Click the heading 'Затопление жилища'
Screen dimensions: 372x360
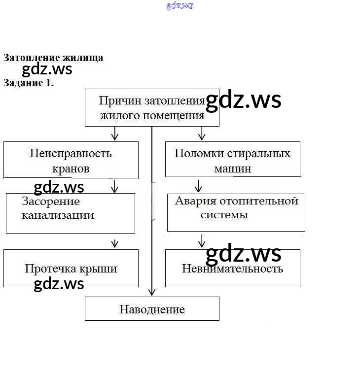pyautogui.click(x=53, y=58)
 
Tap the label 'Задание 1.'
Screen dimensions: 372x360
pyautogui.click(x=28, y=83)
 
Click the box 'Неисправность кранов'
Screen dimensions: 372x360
pyautogui.click(x=71, y=160)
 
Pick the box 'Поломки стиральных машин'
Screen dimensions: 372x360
pyautogui.click(x=232, y=159)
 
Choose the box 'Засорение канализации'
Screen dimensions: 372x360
pyautogui.click(x=70, y=213)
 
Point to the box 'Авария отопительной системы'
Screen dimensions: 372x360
pyautogui.click(x=236, y=212)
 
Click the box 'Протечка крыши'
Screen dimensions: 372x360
pyautogui.click(x=71, y=269)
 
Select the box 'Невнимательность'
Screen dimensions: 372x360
pyautogui.click(x=232, y=269)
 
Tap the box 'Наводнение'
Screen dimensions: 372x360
pyautogui.click(x=151, y=309)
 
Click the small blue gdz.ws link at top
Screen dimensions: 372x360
pyautogui.click(x=180, y=6)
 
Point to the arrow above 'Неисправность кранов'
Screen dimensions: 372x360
pyautogui.click(x=115, y=133)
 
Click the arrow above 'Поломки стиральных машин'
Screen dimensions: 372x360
pyautogui.click(x=201, y=133)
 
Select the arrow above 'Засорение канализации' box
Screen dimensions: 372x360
pyautogui.click(x=115, y=186)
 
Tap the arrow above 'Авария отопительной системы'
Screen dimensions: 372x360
pyautogui.click(x=198, y=186)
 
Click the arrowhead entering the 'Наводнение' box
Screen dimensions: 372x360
pyautogui.click(x=151, y=292)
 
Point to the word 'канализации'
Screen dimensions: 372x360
pyautogui.click(x=58, y=215)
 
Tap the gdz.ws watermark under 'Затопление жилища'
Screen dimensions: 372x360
pyautogui.click(x=47, y=69)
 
